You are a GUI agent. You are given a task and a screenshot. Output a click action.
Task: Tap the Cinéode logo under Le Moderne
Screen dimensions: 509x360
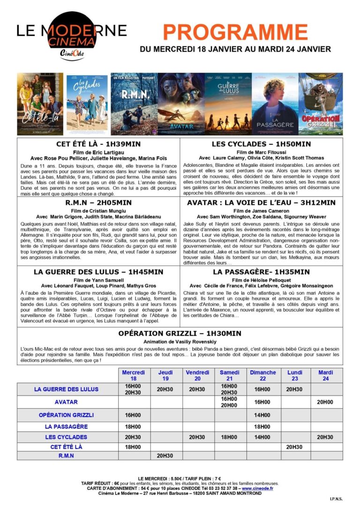click(72, 53)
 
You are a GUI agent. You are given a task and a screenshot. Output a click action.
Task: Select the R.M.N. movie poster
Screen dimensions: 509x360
click(134, 104)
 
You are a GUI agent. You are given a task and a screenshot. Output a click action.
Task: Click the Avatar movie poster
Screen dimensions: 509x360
click(180, 104)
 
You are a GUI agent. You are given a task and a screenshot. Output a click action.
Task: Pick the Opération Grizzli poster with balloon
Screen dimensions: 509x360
click(321, 104)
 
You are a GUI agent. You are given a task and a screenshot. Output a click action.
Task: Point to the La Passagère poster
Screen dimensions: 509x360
click(275, 104)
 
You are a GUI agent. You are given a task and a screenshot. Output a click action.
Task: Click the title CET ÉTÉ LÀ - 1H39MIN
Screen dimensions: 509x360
click(98, 144)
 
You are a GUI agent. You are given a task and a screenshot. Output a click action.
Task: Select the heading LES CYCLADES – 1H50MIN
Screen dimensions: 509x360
click(261, 144)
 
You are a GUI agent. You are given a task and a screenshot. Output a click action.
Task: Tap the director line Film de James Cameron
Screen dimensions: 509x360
click(261, 211)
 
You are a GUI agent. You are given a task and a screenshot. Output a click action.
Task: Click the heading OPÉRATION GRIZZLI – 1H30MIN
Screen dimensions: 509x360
click(180, 333)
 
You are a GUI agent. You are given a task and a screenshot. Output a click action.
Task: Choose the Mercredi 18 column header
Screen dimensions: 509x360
click(134, 375)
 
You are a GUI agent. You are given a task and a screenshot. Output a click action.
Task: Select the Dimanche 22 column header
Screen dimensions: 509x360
click(262, 375)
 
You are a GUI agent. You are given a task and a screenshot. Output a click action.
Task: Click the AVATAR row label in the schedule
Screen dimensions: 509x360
click(66, 402)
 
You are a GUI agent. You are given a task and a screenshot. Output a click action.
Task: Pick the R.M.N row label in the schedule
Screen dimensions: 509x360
click(66, 455)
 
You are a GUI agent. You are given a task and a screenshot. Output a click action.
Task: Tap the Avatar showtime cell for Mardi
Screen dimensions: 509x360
click(325, 402)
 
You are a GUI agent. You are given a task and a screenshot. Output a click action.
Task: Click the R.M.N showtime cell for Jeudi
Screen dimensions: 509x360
click(165, 455)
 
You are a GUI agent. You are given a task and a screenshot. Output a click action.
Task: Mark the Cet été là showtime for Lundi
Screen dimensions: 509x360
click(294, 447)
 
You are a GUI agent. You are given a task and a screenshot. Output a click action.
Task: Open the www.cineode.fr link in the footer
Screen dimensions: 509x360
click(258, 488)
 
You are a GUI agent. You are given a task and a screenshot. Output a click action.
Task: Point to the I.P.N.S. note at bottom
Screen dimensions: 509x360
click(336, 498)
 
